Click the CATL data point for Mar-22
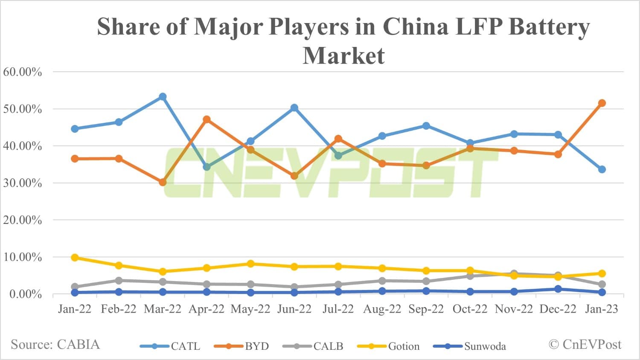[163, 97]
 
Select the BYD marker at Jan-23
[602, 103]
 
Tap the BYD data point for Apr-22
[207, 119]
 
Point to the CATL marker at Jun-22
[294, 108]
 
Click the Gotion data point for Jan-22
[75, 258]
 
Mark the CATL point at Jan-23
[602, 169]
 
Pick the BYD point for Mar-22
[163, 182]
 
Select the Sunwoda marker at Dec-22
[558, 289]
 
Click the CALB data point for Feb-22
[119, 281]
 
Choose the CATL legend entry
[170, 346]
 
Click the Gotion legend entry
[389, 346]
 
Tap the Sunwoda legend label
[485, 346]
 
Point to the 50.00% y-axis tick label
[23, 109]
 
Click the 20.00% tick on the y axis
[23, 220]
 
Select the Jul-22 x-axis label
[338, 309]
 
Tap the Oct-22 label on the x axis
[470, 309]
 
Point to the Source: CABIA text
[55, 344]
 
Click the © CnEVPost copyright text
[585, 344]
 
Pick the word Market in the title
[343, 55]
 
